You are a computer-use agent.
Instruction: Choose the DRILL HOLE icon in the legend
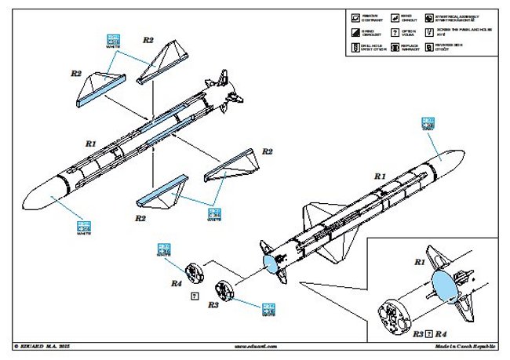[355, 47]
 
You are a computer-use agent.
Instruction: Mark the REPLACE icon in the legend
[391, 47]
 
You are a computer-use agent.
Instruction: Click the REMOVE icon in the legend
[355, 17]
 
